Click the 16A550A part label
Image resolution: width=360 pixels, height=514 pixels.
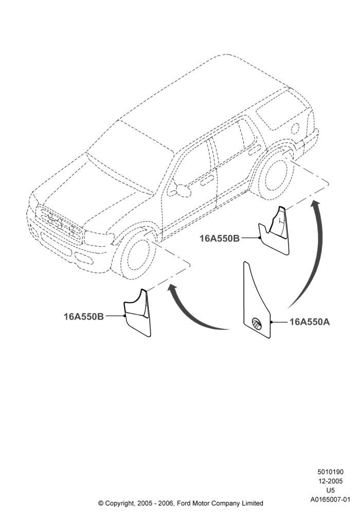[310, 322]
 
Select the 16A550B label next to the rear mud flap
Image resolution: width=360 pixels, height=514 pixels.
[220, 238]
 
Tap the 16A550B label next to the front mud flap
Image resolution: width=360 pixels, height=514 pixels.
[84, 316]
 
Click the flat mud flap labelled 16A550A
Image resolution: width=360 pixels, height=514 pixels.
[257, 300]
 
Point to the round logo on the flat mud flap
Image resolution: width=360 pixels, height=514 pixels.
[257, 323]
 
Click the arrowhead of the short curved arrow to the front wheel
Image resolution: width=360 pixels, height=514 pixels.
[172, 288]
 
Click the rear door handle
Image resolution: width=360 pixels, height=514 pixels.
[254, 151]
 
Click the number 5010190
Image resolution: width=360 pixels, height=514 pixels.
[330, 472]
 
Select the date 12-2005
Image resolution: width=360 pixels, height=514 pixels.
[330, 481]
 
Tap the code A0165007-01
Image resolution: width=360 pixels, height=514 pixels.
[330, 500]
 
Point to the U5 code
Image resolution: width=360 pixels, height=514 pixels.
[331, 490]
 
